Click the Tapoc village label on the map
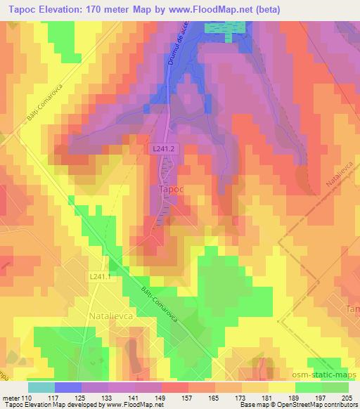(x=167, y=190)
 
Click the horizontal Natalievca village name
(x=114, y=317)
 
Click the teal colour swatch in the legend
(x=41, y=387)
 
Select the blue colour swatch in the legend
(x=68, y=387)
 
